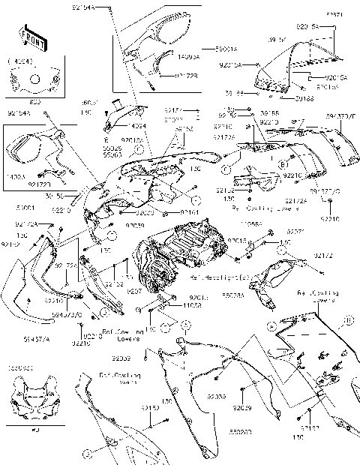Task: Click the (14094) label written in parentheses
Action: (x=18, y=62)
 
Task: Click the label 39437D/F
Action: (x=342, y=116)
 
